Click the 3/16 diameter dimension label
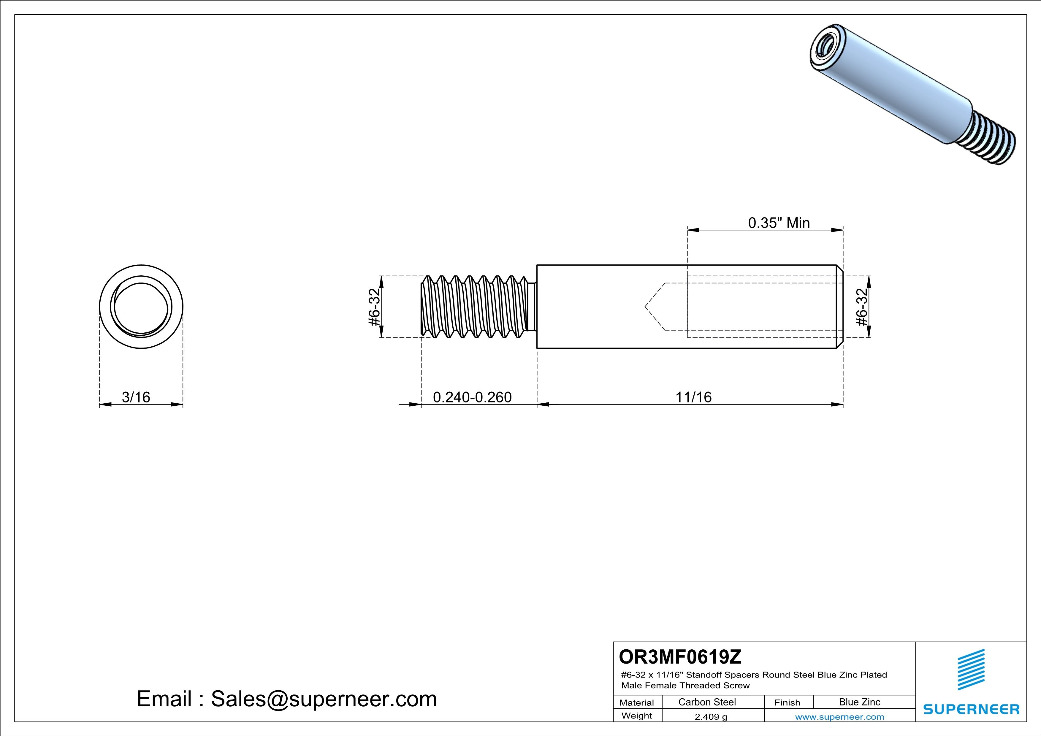tap(136, 397)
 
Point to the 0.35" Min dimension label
tap(779, 223)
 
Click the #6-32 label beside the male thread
tap(374, 307)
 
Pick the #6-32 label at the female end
tap(861, 307)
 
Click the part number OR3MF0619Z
tap(680, 656)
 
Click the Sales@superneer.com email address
tap(324, 699)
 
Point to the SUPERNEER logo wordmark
tap(971, 709)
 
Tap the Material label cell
tap(637, 702)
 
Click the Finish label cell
tap(787, 702)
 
